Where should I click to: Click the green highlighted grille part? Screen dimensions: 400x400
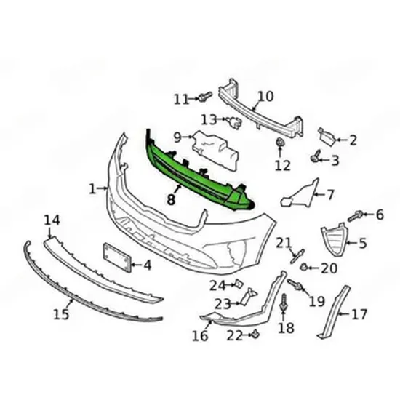(194, 174)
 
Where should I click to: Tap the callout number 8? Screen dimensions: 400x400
(171, 199)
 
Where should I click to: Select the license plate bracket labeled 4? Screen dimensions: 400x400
(117, 257)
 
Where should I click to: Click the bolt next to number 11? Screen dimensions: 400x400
(205, 97)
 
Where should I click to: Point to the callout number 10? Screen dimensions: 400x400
(265, 97)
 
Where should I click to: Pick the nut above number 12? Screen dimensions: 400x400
(280, 143)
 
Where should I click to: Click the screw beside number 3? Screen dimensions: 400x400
(316, 156)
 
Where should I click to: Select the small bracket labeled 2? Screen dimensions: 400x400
(327, 137)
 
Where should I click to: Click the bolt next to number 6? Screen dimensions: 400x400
(355, 216)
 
